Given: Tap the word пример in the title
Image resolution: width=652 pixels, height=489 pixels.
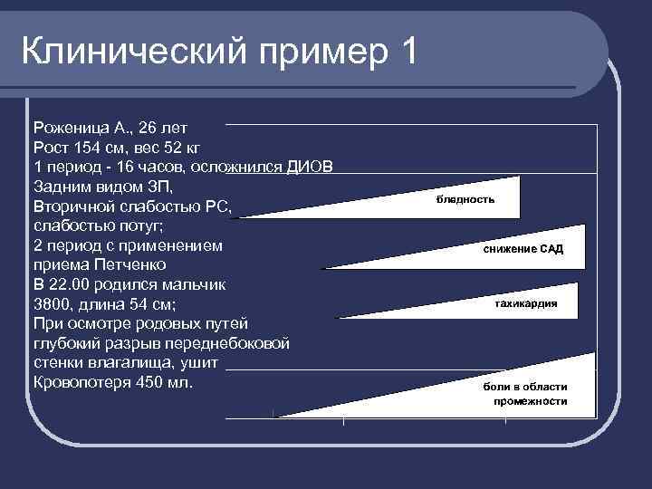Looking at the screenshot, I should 313,53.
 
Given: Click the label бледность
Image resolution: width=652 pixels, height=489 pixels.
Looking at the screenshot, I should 465,198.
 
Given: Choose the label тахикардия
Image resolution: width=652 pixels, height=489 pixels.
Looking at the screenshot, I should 525,304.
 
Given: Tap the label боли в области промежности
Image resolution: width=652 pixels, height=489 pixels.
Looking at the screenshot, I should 525,393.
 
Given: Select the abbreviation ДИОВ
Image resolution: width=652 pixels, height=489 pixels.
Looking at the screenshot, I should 311,167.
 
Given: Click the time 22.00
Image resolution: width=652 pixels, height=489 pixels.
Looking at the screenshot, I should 75,284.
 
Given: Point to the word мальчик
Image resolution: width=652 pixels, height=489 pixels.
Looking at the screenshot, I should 194,284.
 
